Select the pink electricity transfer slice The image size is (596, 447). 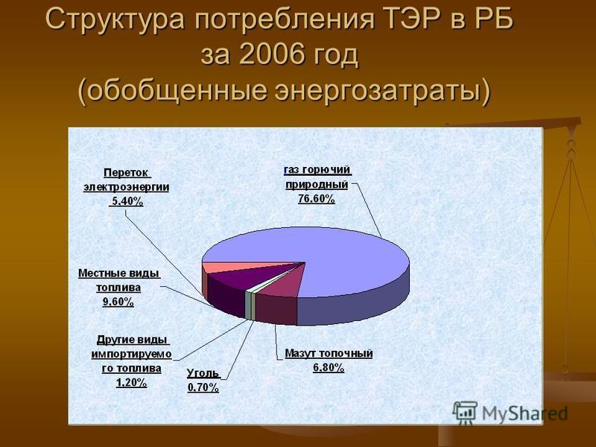click(x=228, y=267)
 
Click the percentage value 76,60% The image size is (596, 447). click(x=316, y=198)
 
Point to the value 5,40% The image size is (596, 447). click(x=127, y=201)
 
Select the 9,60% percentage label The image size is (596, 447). click(x=118, y=302)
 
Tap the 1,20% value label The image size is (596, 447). click(x=132, y=382)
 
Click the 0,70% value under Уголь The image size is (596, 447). click(x=203, y=387)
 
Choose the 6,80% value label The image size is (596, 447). click(x=329, y=367)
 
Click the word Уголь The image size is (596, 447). click(x=203, y=374)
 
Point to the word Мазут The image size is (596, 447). click(x=300, y=354)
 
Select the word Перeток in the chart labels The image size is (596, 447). click(x=126, y=173)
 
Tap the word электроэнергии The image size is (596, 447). click(x=127, y=188)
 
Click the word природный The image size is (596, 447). click(x=317, y=185)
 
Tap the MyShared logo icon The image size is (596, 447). click(x=465, y=413)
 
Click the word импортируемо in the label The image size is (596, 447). click(x=132, y=355)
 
